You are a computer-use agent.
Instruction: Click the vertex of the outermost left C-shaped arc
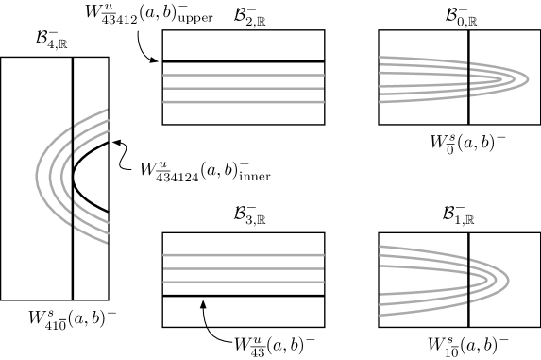coord(37,176)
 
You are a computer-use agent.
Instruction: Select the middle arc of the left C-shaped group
coord(49,176)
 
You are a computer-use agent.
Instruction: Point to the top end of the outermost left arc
coord(107,110)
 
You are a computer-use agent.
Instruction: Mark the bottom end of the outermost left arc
coord(107,243)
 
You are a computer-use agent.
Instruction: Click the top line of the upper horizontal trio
coord(244,75)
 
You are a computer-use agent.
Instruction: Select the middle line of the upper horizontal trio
coord(244,88)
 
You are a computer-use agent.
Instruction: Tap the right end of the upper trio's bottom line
coord(323,101)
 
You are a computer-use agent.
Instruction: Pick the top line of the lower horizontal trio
coord(244,255)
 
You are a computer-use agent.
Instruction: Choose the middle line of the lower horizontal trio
coord(244,268)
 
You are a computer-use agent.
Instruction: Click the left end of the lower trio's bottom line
coord(164,282)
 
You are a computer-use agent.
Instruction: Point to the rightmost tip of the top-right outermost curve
coord(528,78)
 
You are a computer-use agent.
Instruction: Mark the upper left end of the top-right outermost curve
coord(380,57)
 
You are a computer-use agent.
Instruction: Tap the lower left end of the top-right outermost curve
coord(380,101)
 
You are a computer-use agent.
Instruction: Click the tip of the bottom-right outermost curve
coord(509,279)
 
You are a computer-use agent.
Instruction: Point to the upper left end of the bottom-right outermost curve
coord(380,247)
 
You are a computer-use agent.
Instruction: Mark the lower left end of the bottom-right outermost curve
coord(380,314)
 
